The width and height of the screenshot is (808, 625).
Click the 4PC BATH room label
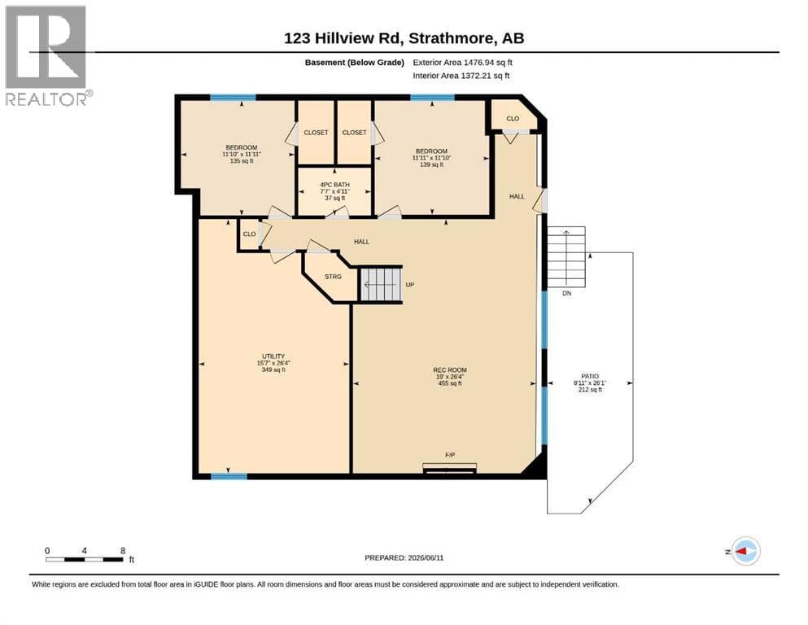[335, 185]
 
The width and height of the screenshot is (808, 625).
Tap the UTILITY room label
[273, 356]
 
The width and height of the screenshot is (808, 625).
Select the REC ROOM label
[450, 370]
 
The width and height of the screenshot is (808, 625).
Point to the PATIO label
[590, 377]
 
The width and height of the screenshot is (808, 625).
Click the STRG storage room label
[333, 277]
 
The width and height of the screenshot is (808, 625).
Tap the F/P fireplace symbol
[449, 468]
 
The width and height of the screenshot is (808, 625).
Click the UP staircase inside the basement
[380, 284]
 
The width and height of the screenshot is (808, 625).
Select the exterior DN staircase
[566, 256]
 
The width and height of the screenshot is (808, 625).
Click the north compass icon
[745, 551]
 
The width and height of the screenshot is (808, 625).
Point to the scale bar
[85, 559]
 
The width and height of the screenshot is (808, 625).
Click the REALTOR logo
[46, 55]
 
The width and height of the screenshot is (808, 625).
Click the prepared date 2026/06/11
[426, 557]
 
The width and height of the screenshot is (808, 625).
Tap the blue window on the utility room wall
[229, 476]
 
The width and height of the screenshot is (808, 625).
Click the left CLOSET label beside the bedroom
[316, 133]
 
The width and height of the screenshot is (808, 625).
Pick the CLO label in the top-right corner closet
[513, 119]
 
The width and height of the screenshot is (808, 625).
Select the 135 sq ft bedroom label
[242, 161]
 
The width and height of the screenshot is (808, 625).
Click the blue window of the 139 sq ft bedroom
[432, 98]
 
